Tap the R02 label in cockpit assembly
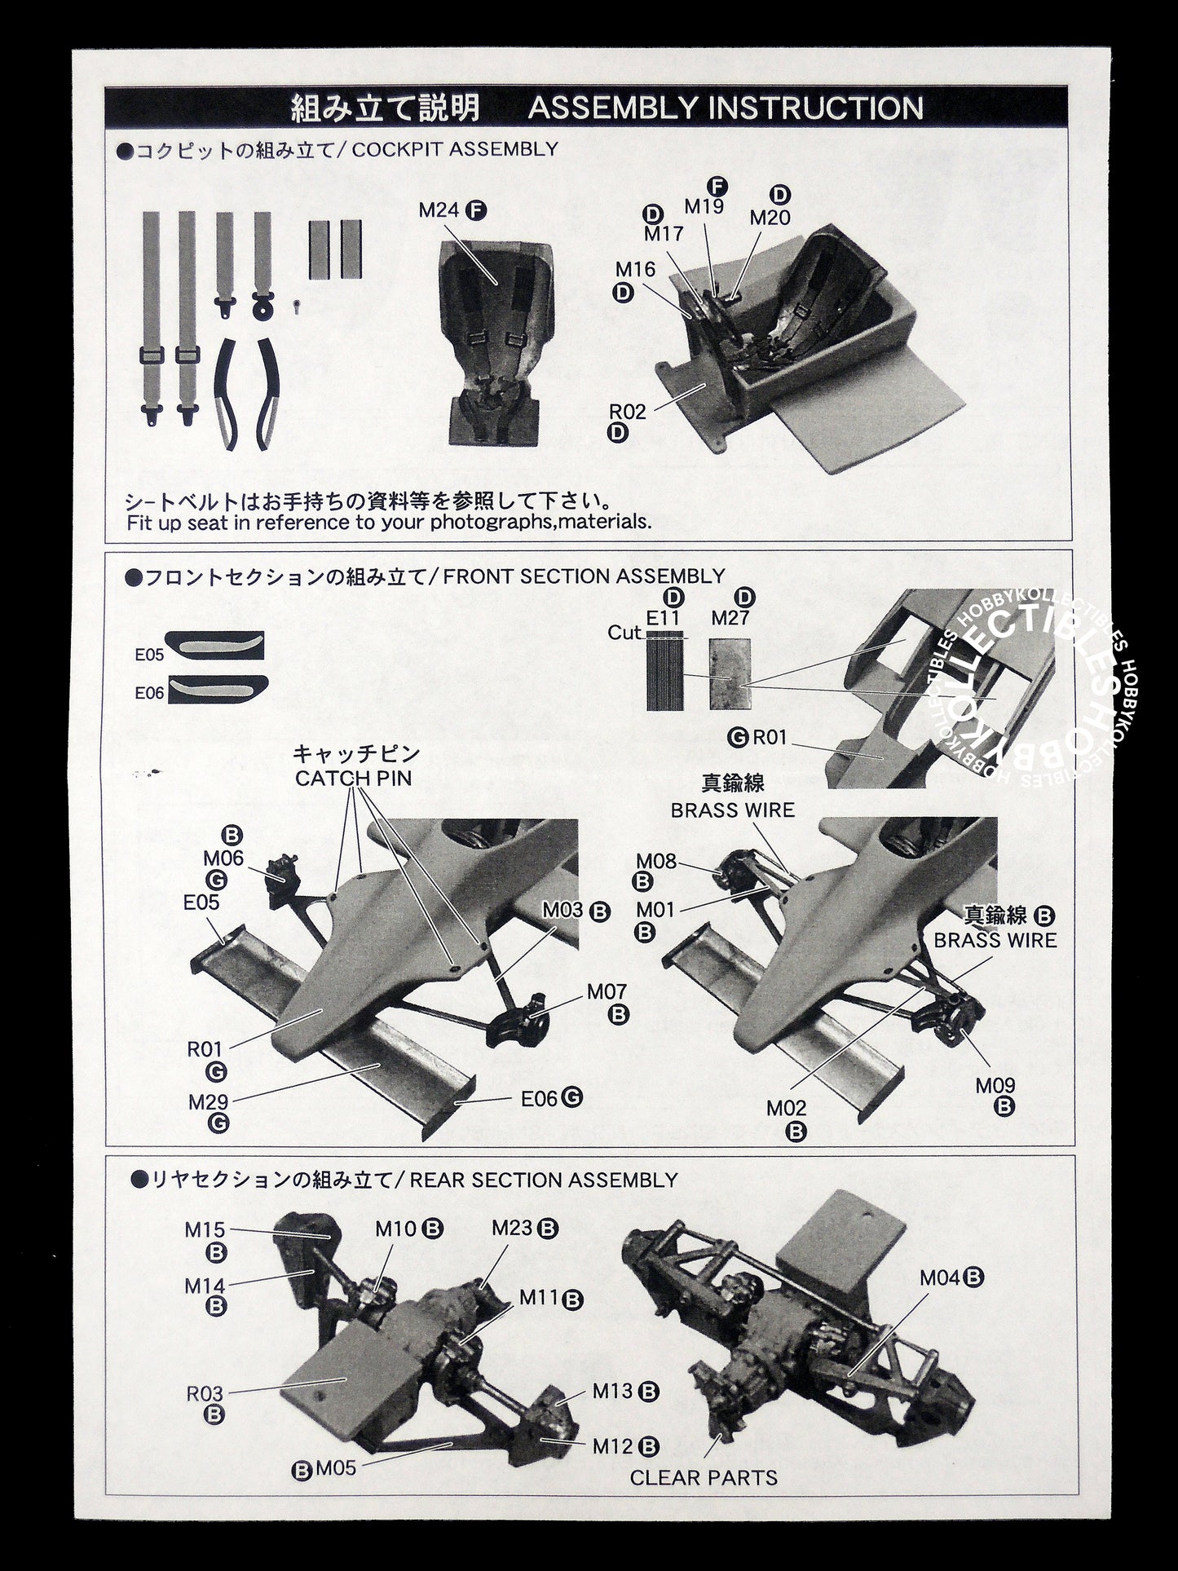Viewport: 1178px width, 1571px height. coord(627,412)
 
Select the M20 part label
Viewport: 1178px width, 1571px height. coord(770,218)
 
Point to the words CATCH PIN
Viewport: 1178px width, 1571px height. coord(353,778)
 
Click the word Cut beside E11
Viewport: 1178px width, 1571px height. coord(624,633)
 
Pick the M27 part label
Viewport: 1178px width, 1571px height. coord(730,618)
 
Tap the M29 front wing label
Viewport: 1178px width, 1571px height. coord(208,1102)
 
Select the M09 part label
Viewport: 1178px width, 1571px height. coord(995,1085)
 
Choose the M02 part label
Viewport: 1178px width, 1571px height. coord(787,1108)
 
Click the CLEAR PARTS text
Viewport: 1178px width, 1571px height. coord(704,1476)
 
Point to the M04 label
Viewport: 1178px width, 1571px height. coord(941,1278)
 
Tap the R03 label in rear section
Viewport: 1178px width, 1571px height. coord(205,1393)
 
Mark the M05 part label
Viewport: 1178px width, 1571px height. coord(336,1469)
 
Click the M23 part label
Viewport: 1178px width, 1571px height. coord(512,1228)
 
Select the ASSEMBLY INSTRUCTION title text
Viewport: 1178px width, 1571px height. coord(726,108)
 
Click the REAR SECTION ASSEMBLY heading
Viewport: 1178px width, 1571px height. coord(544,1180)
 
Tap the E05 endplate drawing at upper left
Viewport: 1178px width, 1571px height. coord(214,646)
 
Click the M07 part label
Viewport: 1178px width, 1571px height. coord(607,992)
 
